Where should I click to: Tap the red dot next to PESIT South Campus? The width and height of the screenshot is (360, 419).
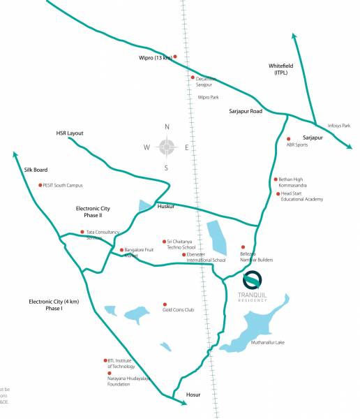40,185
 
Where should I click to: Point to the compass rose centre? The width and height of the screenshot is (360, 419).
167,147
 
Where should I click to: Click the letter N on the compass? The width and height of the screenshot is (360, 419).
167,127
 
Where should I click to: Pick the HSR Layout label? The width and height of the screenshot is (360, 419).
70,133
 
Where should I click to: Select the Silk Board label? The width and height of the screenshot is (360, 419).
36,170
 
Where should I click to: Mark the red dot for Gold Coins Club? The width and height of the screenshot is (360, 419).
165,304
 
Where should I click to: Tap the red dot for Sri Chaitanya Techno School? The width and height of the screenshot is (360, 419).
164,240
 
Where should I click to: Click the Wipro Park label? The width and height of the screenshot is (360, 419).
209,98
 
